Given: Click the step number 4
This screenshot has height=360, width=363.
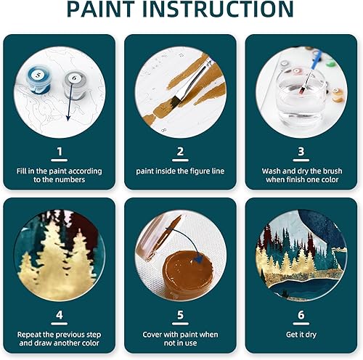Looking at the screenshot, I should (60, 316).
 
